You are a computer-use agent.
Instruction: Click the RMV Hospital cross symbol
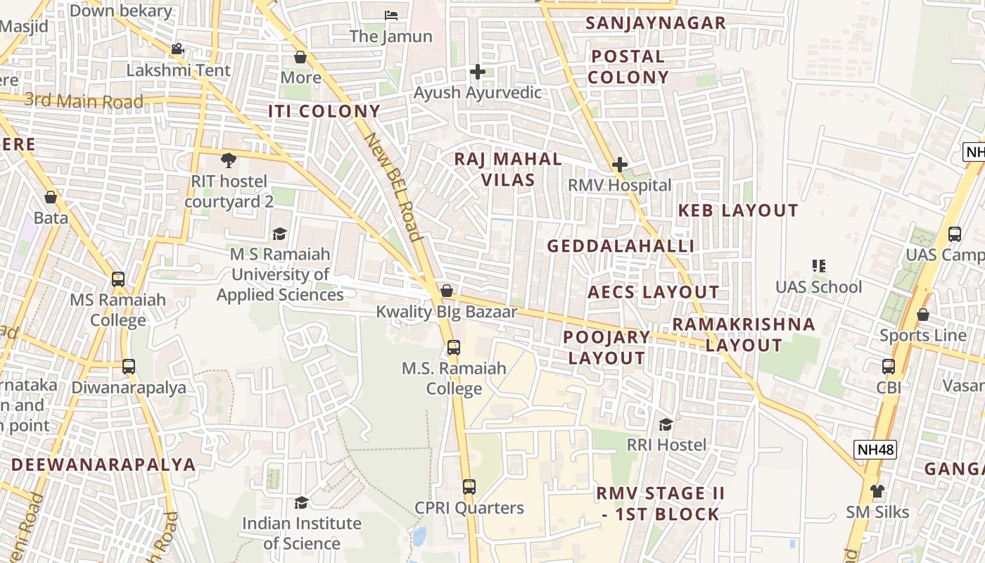pos(620,165)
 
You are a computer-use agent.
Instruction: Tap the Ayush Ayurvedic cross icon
pos(478,72)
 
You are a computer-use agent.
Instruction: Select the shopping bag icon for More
pos(300,57)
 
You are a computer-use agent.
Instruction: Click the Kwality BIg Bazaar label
pos(446,311)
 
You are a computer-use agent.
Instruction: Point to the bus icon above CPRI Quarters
pos(469,486)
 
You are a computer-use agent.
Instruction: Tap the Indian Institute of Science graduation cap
pos(301,502)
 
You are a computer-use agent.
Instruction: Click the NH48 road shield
pos(876,449)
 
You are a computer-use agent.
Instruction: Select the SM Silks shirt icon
pos(877,491)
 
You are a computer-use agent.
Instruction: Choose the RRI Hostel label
pos(666,445)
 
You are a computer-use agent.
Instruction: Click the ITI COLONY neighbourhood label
pos(324,111)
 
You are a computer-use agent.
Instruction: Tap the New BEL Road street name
pos(392,186)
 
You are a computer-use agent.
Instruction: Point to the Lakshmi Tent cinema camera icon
pos(177,49)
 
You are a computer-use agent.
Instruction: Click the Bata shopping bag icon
pos(51,197)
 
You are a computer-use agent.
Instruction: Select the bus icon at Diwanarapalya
pos(128,367)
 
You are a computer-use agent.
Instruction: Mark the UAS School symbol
pos(818,266)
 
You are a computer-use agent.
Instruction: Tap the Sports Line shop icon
pos(922,315)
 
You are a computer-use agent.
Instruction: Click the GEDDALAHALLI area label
pos(621,246)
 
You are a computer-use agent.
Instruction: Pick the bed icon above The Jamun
pos(391,15)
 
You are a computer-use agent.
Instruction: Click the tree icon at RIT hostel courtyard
pos(228,160)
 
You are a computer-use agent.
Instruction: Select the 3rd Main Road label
pos(84,101)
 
